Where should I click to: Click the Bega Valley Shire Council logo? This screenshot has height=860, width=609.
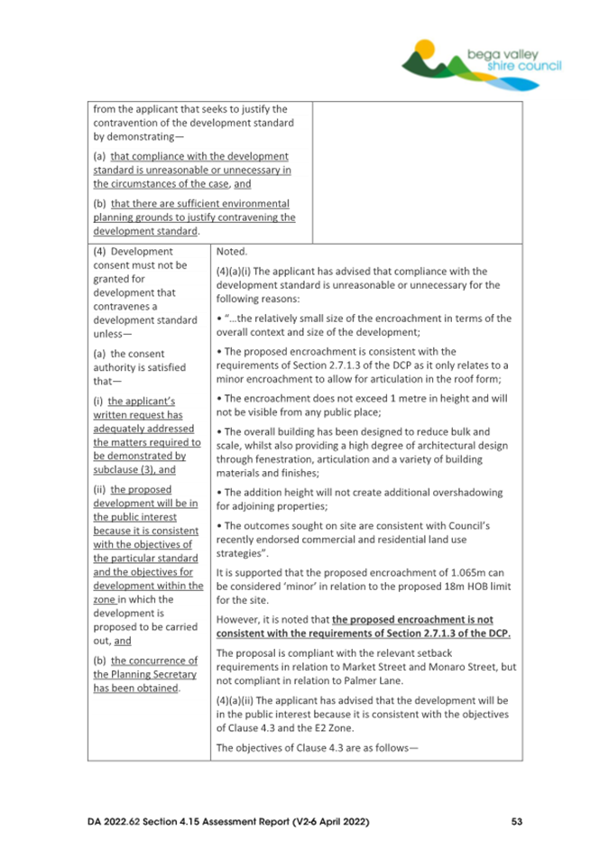point(483,60)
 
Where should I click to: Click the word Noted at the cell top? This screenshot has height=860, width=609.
point(233,253)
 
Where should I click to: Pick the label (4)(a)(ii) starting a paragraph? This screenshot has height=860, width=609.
point(239,699)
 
